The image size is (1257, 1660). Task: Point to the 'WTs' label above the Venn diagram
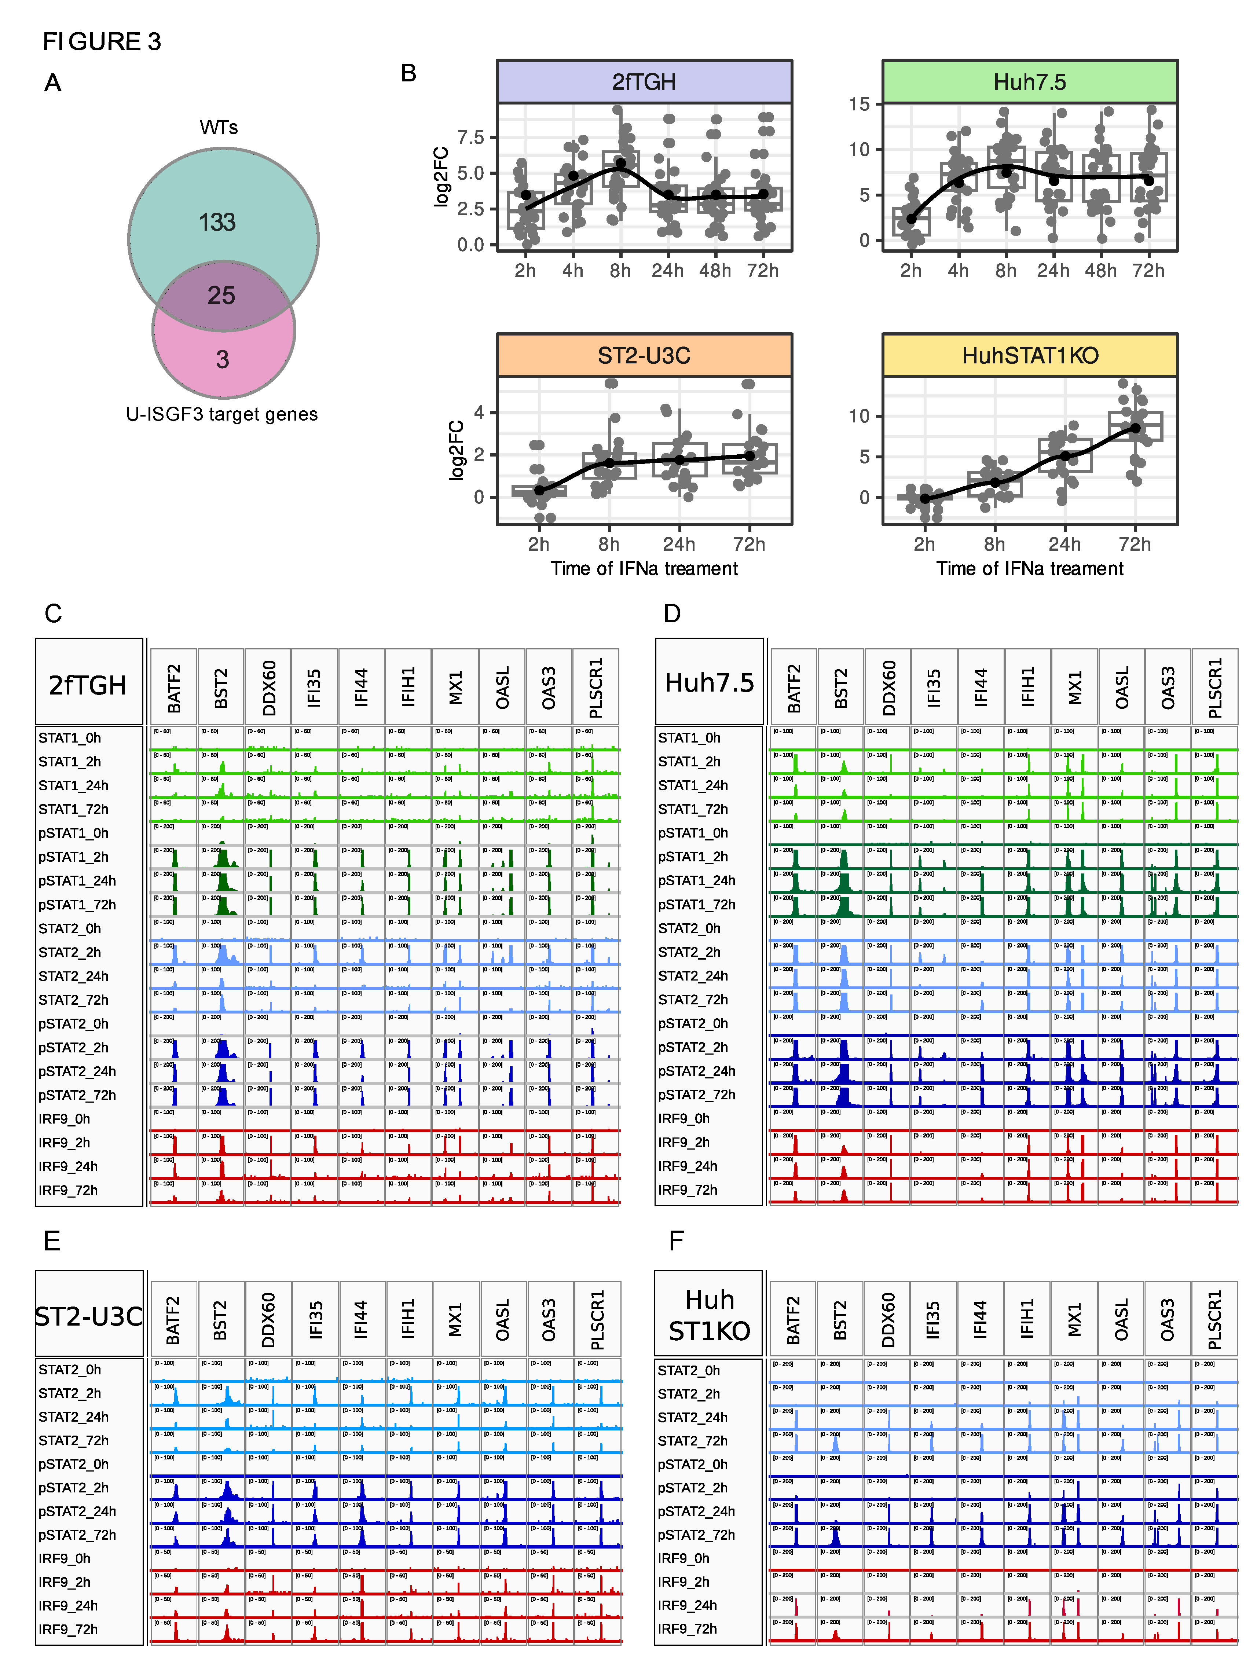pos(219,128)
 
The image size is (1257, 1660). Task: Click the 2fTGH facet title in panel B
pos(644,82)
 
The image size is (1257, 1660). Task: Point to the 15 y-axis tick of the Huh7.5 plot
pos(859,104)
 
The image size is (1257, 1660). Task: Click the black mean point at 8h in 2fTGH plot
pos(621,163)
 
